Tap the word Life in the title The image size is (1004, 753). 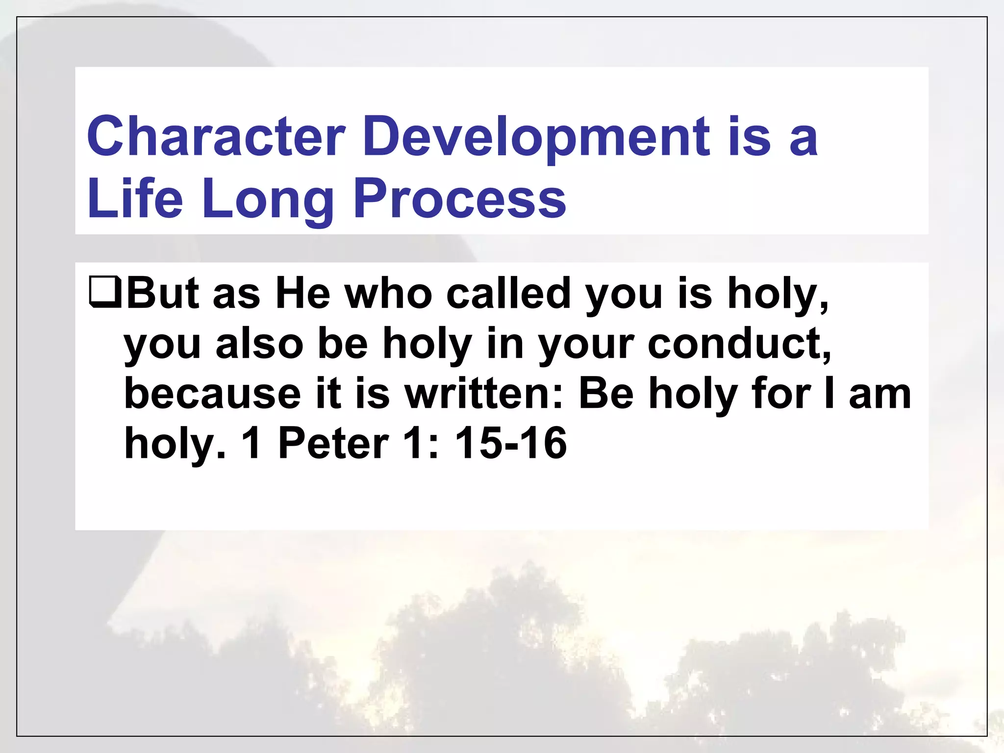[x=135, y=199]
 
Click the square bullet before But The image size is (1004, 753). [x=105, y=293]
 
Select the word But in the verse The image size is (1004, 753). [x=162, y=293]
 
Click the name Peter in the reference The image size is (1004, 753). [x=333, y=444]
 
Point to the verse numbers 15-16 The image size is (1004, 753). [x=510, y=444]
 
